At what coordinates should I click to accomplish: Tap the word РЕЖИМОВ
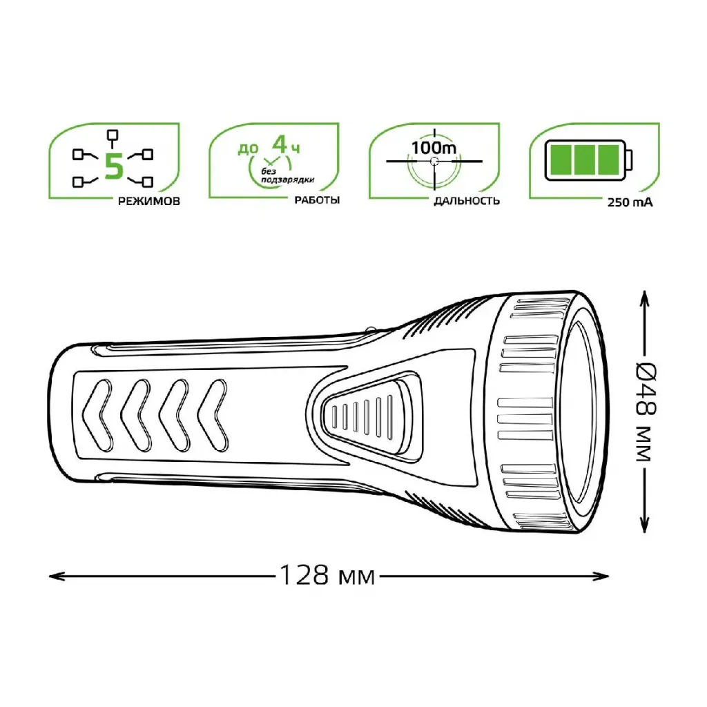tap(149, 201)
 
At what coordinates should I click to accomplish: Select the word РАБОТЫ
tap(317, 200)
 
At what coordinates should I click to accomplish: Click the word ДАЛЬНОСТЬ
tap(467, 201)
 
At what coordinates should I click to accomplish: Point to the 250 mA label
tap(630, 202)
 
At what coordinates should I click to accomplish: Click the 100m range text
tap(434, 148)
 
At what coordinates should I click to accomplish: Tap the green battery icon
tap(589, 160)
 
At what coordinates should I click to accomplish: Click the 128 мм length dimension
tap(327, 575)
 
